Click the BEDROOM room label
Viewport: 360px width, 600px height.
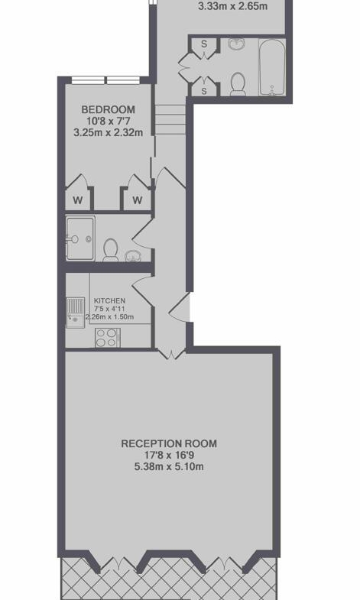[x=109, y=110]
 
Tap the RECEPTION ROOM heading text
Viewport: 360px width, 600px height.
[x=169, y=444]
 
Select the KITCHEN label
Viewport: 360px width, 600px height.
[x=109, y=301]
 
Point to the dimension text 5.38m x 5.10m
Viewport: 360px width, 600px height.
[x=169, y=467]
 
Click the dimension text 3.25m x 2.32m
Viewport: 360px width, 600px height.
[x=109, y=133]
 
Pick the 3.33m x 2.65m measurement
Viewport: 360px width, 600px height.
[x=233, y=6]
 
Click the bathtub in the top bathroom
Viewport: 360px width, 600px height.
[x=271, y=67]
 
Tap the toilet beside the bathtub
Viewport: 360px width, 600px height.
[x=238, y=84]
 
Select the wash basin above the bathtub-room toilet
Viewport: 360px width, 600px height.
[x=237, y=44]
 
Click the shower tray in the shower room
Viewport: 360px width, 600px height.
[x=80, y=238]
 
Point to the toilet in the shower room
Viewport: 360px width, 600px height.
[x=111, y=250]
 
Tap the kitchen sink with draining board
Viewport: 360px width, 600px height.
[x=76, y=313]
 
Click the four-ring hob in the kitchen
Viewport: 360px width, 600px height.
[x=108, y=338]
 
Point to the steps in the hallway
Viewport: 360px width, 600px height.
[x=170, y=120]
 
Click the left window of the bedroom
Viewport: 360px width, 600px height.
[x=88, y=80]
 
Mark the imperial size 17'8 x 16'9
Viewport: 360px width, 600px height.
[x=169, y=456]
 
